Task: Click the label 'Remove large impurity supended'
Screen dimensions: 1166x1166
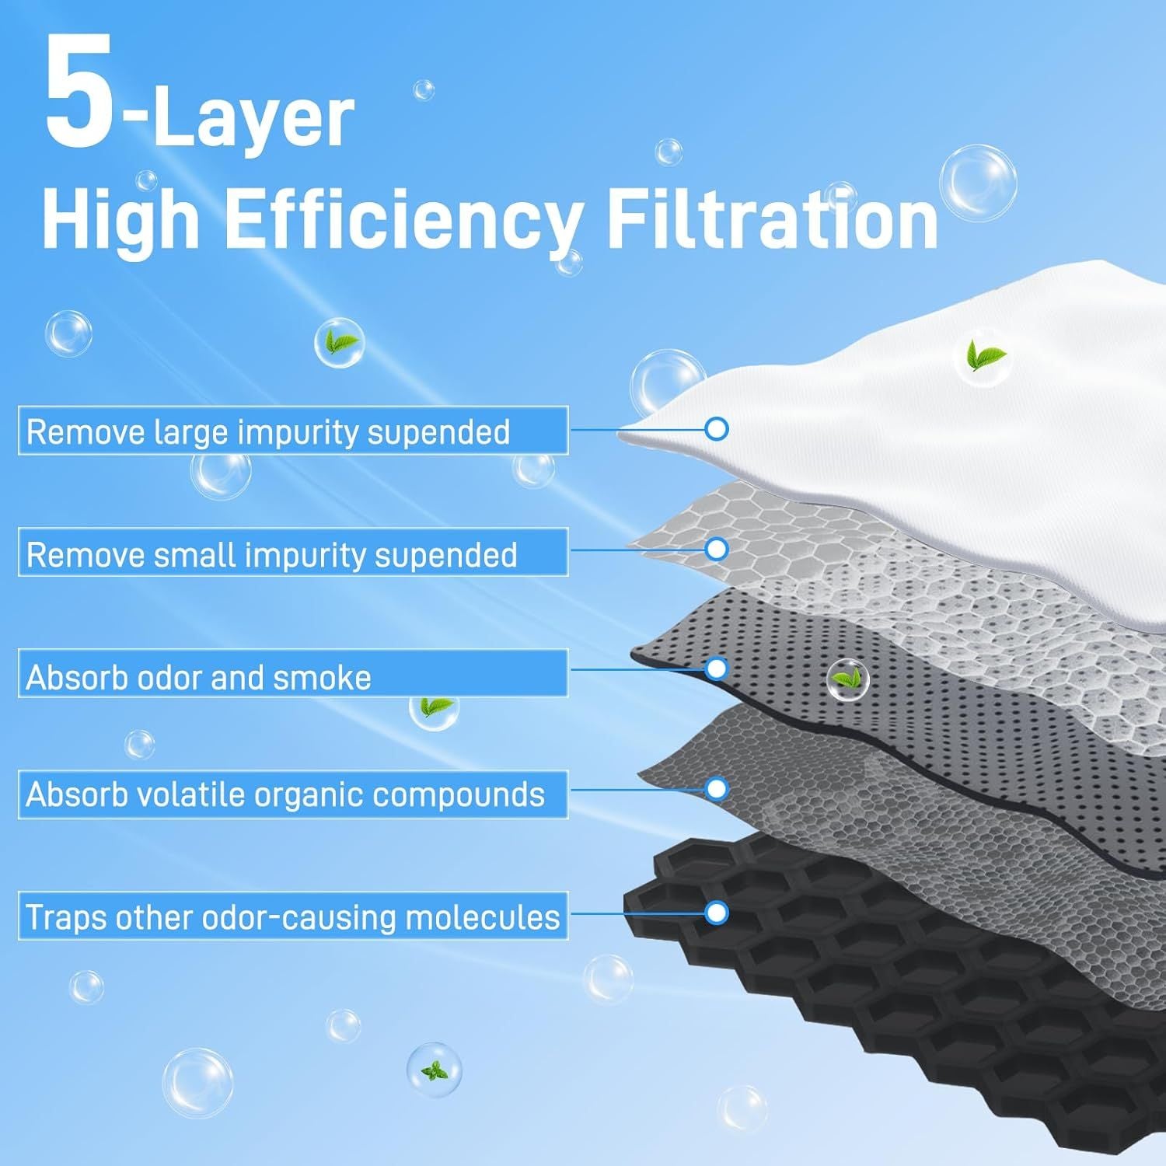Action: coord(268,431)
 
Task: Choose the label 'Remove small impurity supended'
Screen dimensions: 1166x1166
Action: coord(271,554)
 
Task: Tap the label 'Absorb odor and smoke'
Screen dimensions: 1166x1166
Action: coord(198,678)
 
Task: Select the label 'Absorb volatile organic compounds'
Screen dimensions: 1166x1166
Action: coord(285,794)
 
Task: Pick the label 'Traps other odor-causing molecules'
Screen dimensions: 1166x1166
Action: coord(293,917)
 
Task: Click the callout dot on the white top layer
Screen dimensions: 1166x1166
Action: coord(717,428)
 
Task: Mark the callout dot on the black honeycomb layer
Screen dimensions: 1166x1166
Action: coord(717,912)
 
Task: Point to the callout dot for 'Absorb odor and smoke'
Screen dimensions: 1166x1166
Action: coord(717,669)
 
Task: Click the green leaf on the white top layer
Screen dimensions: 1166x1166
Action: coord(985,357)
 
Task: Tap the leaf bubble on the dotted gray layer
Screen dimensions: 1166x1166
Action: coord(847,679)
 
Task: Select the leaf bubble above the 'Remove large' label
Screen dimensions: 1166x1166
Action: coord(339,343)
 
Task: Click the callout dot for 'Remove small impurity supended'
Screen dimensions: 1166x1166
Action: coord(717,549)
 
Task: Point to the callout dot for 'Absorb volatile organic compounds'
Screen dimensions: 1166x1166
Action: coord(717,789)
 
